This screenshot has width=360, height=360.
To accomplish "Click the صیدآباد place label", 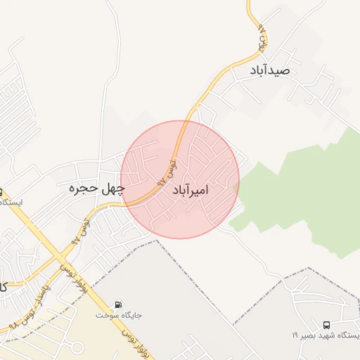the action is [269, 72].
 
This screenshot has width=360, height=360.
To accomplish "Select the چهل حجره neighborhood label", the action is [96, 188].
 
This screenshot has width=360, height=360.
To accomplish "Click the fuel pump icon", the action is [118, 305].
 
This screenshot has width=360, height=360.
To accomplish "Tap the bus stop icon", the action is [326, 325].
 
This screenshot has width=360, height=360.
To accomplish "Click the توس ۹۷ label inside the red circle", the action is [172, 169].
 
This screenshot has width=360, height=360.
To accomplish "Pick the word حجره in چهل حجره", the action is [83, 188].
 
